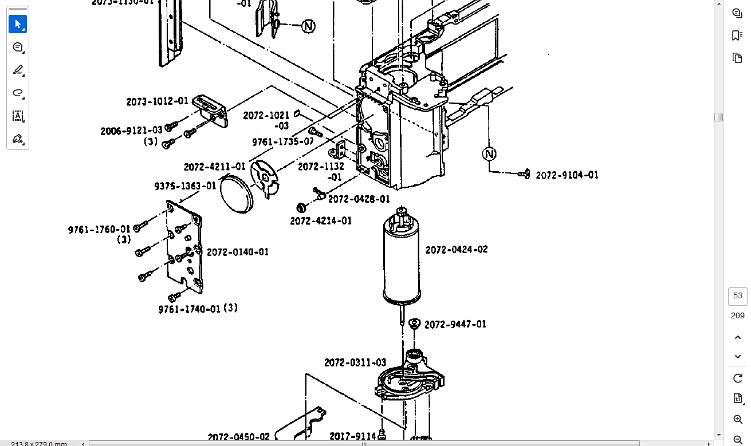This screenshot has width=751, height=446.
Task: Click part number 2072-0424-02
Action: tap(457, 250)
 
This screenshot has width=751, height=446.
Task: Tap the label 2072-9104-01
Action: tap(567, 175)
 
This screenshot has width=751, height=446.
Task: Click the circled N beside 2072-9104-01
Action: tap(489, 154)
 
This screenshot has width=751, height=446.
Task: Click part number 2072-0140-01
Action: tap(238, 252)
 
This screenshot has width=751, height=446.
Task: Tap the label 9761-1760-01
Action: tap(99, 230)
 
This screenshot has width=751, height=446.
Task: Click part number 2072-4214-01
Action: tap(321, 221)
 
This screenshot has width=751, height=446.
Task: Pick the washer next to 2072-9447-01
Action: tap(415, 323)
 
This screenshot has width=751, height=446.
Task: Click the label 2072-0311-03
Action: tap(355, 362)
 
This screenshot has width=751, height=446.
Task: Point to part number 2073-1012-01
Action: tap(157, 101)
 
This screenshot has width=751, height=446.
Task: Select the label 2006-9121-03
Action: tap(131, 131)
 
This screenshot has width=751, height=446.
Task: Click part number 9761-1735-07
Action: tap(283, 141)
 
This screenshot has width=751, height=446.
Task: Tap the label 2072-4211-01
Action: tap(214, 167)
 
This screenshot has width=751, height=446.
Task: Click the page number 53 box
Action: tap(737, 296)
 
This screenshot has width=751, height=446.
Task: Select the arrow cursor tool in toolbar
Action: tap(18, 25)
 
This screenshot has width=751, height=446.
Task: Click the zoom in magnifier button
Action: tap(737, 420)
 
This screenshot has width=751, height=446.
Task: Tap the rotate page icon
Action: tap(737, 378)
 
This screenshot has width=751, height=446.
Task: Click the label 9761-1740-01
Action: tap(189, 309)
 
